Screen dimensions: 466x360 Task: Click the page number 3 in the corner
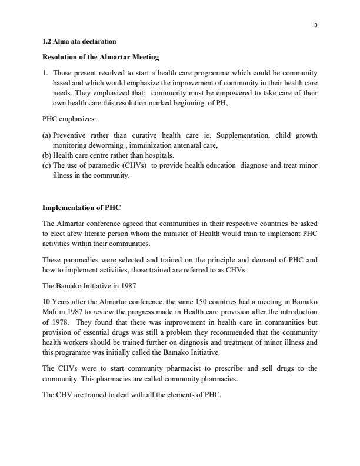pos(316,25)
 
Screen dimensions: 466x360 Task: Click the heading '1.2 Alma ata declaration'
pos(79,42)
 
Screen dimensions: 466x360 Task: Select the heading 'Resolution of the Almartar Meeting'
pos(101,58)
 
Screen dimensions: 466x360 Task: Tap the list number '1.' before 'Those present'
pos(46,73)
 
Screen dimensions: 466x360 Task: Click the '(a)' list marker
pos(47,135)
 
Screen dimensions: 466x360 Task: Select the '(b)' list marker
pos(47,155)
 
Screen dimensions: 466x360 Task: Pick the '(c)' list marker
pos(47,165)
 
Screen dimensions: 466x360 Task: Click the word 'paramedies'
pos(79,259)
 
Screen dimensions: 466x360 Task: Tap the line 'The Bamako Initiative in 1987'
pos(89,285)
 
